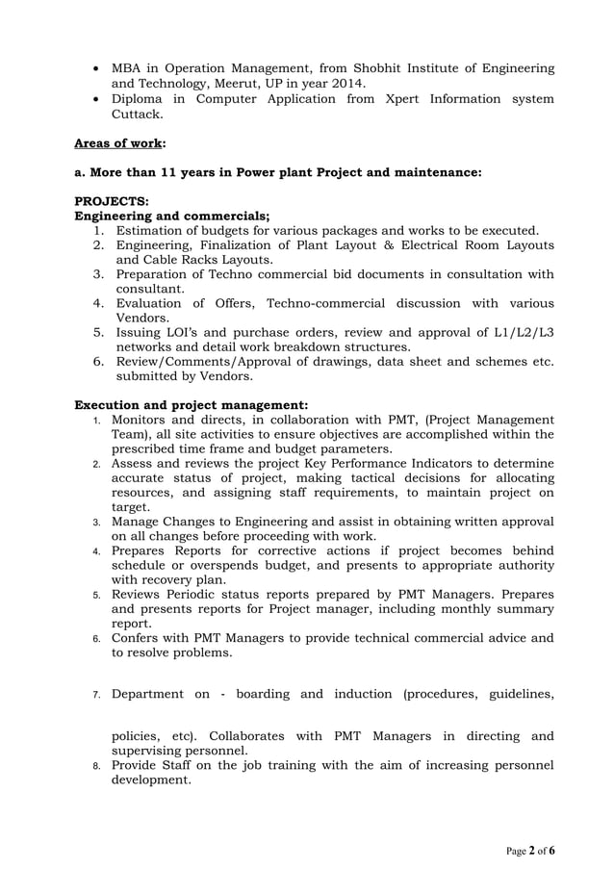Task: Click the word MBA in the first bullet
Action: [x=129, y=68]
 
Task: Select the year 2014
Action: [x=345, y=84]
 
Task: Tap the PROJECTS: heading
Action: [x=112, y=203]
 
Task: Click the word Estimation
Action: [x=154, y=231]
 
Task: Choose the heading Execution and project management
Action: [x=191, y=405]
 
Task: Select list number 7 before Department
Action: [x=96, y=694]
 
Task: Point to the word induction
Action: [x=348, y=693]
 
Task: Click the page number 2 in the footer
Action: [x=531, y=851]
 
